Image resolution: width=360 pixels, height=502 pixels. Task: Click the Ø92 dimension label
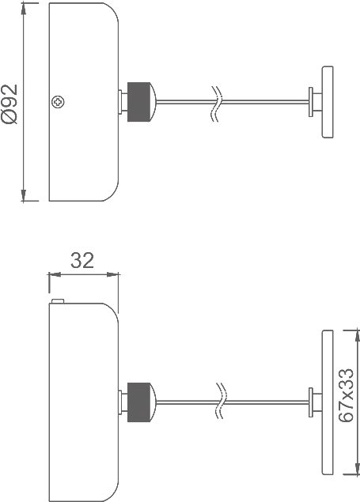[9, 104]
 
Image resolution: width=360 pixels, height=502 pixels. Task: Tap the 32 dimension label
[82, 260]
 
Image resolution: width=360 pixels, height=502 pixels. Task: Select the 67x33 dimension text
[347, 395]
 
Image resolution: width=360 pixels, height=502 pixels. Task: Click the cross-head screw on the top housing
[58, 102]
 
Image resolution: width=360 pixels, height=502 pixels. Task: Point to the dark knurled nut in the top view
[138, 102]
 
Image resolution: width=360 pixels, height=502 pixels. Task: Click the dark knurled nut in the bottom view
[138, 402]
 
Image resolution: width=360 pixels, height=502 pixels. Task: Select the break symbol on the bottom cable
[221, 401]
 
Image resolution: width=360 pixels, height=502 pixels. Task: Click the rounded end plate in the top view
[328, 102]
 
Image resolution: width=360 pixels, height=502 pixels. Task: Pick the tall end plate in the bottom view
[328, 402]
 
